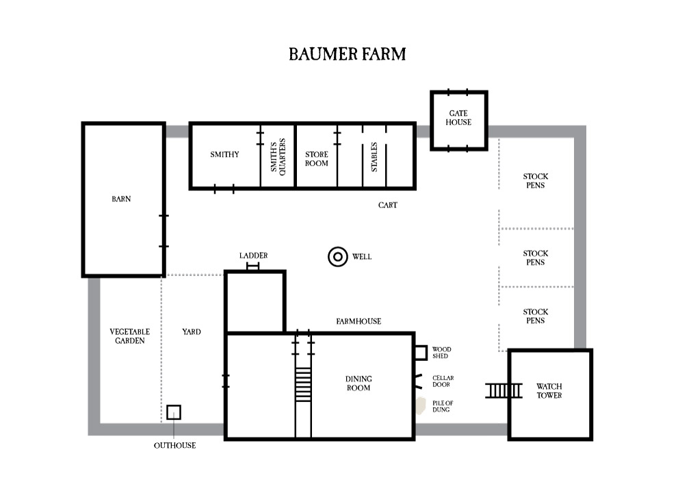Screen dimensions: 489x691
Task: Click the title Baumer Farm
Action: coord(347,54)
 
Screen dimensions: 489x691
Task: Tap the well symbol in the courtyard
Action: coord(338,257)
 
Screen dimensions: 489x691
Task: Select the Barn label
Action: coord(121,199)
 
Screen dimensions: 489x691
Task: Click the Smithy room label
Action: coord(224,155)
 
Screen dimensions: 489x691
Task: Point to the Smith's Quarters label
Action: coord(277,156)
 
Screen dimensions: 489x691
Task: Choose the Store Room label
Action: coord(316,159)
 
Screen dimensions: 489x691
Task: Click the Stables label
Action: coord(374,157)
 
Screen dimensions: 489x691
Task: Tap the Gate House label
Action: coord(458,118)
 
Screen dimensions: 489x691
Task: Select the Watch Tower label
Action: coord(549,391)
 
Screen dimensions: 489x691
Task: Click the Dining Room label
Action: coord(358,384)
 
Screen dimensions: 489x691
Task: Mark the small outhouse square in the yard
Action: coord(174,412)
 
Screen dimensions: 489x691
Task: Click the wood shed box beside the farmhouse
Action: coord(420,353)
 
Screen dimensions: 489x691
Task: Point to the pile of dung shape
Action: coord(419,406)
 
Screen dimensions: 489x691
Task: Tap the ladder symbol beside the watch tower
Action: coord(504,390)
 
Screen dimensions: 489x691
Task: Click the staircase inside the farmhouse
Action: coord(302,384)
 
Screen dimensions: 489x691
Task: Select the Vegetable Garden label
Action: coord(129,336)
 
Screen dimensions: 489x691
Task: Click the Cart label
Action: coord(387,205)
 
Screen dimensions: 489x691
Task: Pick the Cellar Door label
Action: coord(443,381)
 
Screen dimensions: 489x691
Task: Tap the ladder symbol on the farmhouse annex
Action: coord(253,266)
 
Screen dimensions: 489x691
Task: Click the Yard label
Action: coord(192,331)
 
